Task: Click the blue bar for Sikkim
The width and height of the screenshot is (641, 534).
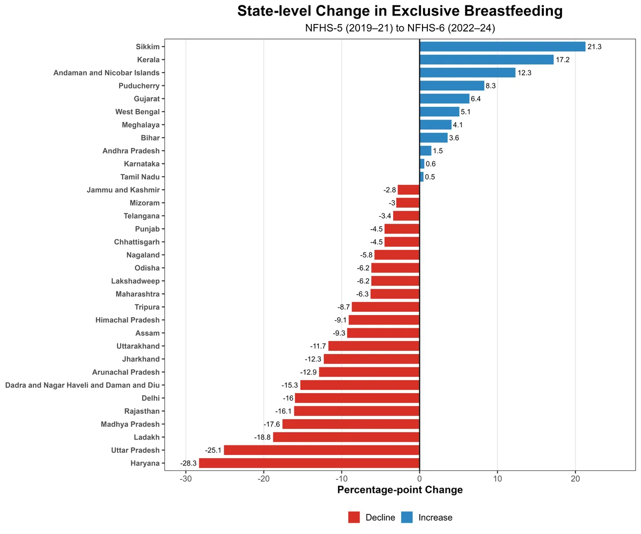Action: click(x=502, y=46)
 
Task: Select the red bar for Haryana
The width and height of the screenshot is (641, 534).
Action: click(x=309, y=463)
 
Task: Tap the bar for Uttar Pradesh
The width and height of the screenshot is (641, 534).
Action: click(x=322, y=450)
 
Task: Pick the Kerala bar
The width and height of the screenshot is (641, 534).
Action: click(x=487, y=59)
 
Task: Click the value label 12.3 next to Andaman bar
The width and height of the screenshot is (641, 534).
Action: click(x=525, y=73)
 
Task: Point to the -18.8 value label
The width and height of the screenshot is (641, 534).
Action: click(x=262, y=437)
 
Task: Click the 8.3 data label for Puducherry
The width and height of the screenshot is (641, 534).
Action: click(x=490, y=85)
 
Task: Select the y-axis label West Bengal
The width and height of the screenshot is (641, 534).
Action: click(x=137, y=112)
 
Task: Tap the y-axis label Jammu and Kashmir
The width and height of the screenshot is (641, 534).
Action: click(x=123, y=190)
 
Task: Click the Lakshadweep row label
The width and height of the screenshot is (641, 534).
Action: click(x=135, y=281)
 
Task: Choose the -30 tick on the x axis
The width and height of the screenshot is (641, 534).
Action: click(x=186, y=479)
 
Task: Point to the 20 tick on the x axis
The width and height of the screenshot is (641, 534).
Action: click(x=575, y=479)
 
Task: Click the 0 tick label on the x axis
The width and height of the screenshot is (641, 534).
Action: click(x=420, y=479)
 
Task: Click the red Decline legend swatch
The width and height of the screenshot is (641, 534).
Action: click(x=354, y=517)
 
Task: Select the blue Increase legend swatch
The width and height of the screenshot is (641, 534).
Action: click(x=407, y=517)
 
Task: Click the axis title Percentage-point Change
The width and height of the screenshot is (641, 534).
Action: click(x=400, y=490)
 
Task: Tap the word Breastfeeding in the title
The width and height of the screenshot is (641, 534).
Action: click(x=513, y=11)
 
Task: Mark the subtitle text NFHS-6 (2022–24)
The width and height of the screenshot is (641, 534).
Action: click(x=451, y=28)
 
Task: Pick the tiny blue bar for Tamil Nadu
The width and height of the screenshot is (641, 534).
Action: click(x=421, y=177)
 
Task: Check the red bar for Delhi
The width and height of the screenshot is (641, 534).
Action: click(x=357, y=398)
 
